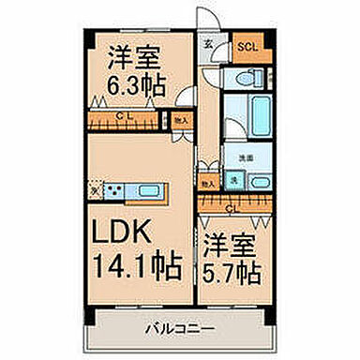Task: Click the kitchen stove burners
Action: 117,193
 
